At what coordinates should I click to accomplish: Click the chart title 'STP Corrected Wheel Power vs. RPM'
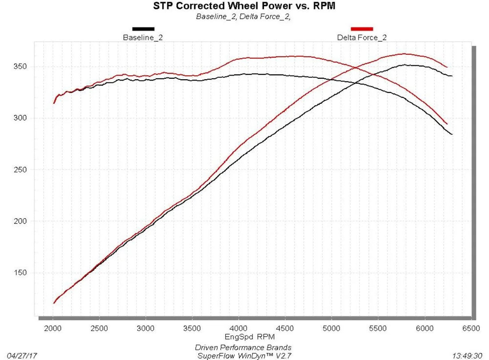(x=244, y=6)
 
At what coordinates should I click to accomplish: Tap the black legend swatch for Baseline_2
(x=143, y=29)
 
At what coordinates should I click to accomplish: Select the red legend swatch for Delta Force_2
(x=362, y=29)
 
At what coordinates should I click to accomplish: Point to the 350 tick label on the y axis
(x=20, y=66)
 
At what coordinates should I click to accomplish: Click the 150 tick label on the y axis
(x=20, y=273)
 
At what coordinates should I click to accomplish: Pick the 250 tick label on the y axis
(x=20, y=170)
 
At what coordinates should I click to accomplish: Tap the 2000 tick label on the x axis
(x=53, y=328)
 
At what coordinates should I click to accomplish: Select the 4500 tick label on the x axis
(x=285, y=328)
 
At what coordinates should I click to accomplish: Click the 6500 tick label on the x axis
(x=471, y=328)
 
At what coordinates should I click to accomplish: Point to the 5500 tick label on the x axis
(x=378, y=328)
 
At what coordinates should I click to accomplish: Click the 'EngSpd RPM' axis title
(x=250, y=336)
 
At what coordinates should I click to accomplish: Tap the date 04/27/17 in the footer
(x=22, y=356)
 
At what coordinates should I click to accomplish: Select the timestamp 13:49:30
(x=467, y=356)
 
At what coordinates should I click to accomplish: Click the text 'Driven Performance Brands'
(x=243, y=348)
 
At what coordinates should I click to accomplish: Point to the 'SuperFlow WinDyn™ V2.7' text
(x=244, y=356)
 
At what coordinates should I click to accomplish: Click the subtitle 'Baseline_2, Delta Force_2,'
(x=243, y=16)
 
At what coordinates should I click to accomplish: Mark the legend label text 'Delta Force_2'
(x=362, y=37)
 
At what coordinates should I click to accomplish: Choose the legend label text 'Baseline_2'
(x=143, y=37)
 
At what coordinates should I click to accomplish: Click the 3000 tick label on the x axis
(x=146, y=328)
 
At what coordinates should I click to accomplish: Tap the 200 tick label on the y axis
(x=20, y=221)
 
